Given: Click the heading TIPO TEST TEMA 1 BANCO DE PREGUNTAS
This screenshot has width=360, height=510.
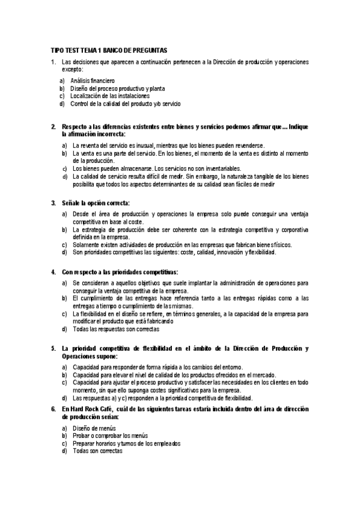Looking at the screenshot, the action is coord(109,51).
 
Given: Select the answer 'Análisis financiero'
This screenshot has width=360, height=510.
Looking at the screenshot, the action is coord(93,80).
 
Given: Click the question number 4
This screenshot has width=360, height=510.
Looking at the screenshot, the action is coord(53,271).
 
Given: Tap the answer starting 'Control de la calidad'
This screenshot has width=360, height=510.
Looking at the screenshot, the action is coord(125,103).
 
